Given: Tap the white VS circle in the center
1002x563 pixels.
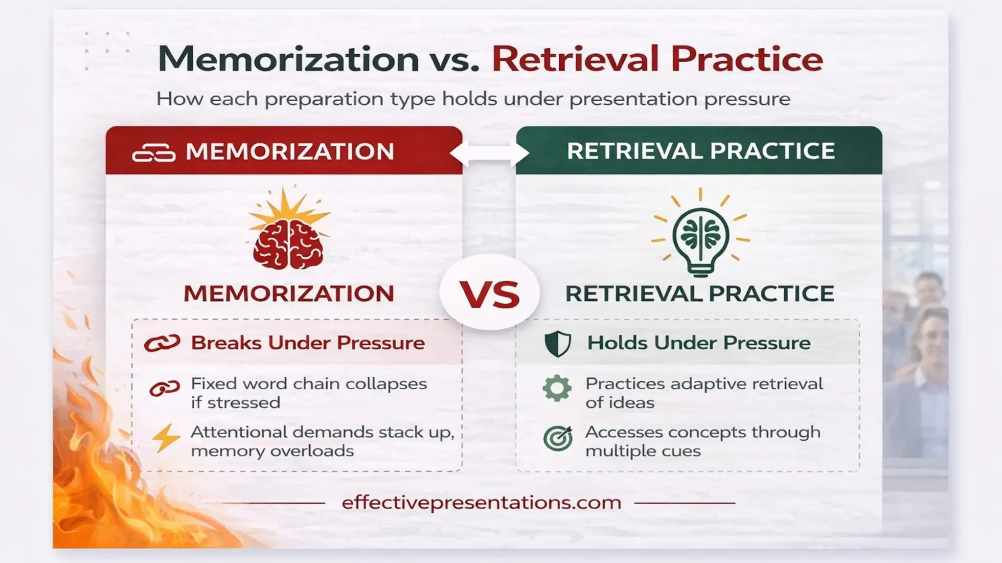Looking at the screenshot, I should click(x=490, y=293).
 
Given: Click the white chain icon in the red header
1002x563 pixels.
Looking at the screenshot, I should click(x=154, y=153).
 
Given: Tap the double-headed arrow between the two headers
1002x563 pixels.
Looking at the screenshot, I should click(x=489, y=153).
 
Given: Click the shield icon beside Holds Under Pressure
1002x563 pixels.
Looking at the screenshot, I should click(x=558, y=343).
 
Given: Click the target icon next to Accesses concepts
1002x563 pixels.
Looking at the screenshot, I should click(x=558, y=438).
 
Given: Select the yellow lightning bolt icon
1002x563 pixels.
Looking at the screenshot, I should click(x=165, y=437).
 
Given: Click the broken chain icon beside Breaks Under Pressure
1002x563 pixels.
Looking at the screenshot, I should click(x=162, y=343).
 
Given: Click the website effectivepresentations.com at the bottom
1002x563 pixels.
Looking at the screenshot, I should click(x=481, y=503).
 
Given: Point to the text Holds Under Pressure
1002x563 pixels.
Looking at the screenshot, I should click(x=699, y=343).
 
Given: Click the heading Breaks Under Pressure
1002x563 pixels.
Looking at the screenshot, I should click(x=308, y=343).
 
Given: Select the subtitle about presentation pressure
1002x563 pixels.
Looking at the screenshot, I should click(x=473, y=99).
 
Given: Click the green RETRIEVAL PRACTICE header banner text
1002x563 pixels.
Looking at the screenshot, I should click(x=701, y=151).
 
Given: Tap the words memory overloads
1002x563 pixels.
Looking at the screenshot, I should click(x=272, y=451).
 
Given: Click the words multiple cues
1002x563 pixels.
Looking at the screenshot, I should click(x=643, y=451).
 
